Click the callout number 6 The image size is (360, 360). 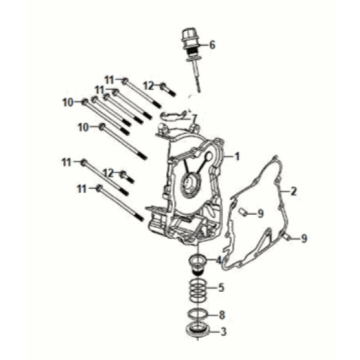click(x=212, y=44)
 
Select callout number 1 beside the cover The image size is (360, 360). click(x=238, y=157)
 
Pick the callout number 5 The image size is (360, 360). click(x=222, y=288)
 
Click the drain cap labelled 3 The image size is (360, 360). click(x=196, y=329)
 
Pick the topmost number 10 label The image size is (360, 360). click(x=68, y=102)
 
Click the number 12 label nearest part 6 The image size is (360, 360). click(x=148, y=85)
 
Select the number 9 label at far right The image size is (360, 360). click(x=305, y=237)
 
